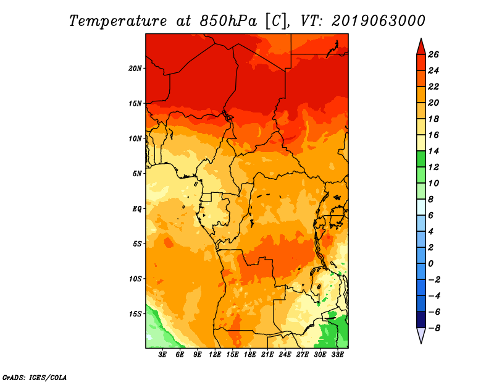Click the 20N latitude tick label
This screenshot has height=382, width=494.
[x=135, y=69]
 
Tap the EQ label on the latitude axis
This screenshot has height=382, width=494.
[x=136, y=209]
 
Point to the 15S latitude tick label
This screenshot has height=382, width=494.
[x=135, y=314]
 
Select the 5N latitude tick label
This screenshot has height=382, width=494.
[x=137, y=174]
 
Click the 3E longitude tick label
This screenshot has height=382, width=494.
[x=162, y=355]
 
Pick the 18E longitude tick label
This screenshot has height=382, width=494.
[x=250, y=355]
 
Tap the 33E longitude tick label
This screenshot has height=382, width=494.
[x=337, y=355]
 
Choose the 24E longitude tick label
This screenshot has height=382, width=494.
[x=285, y=355]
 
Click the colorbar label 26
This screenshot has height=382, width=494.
[x=433, y=54]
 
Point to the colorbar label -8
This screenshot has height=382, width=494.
[x=434, y=328]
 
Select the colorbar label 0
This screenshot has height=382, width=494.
[x=430, y=263]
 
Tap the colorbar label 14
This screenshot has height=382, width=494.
[x=433, y=151]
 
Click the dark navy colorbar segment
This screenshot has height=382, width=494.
[x=421, y=320]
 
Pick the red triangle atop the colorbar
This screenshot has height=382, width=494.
[x=421, y=48]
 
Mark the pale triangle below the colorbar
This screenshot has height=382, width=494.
[x=421, y=335]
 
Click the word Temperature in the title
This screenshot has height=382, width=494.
[x=118, y=21]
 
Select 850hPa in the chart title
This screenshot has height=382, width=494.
[x=228, y=21]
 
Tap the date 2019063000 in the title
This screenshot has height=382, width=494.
[x=379, y=21]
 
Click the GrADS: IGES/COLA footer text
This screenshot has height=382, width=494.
[x=35, y=378]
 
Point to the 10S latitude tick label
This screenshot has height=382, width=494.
[x=135, y=279]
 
